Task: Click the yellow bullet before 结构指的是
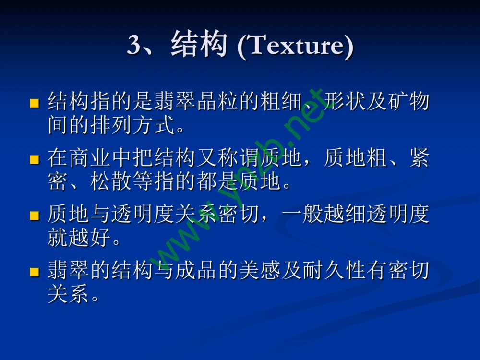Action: click(x=34, y=103)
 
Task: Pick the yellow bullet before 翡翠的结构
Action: click(x=34, y=272)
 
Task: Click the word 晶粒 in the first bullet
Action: click(x=217, y=102)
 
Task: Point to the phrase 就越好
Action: click(x=79, y=238)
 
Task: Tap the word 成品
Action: click(x=196, y=272)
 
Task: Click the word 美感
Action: click(x=260, y=272)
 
